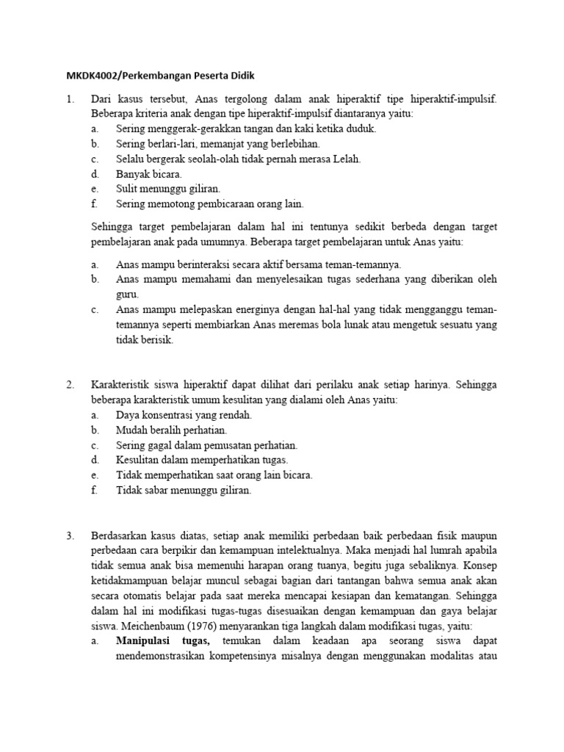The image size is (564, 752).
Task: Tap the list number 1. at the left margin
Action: pos(70,98)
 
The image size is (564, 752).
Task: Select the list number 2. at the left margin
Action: pos(70,384)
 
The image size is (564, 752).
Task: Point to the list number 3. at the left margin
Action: pos(70,537)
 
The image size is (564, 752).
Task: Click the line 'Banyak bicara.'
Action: pos(148,174)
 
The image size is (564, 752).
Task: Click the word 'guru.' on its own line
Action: pos(128,294)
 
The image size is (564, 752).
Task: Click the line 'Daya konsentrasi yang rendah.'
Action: pos(184,415)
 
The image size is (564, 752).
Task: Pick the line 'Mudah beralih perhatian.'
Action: pos(171,430)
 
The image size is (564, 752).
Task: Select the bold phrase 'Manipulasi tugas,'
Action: pos(163,640)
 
